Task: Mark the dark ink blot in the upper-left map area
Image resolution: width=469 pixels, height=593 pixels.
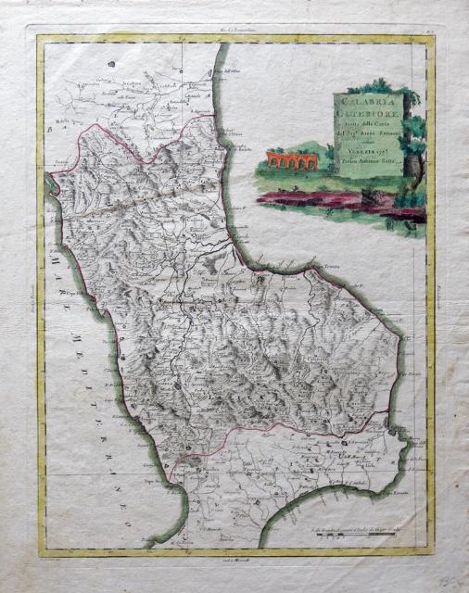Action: [x=109, y=64]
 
